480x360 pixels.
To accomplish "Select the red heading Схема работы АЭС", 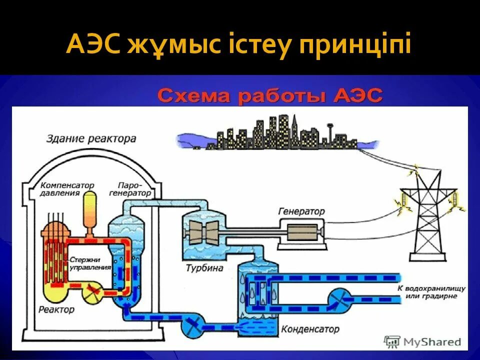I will point(270,95).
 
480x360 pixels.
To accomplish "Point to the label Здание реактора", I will point(91,138).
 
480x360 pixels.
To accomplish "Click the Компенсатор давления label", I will point(67,189).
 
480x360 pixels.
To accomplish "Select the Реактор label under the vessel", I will point(56,309).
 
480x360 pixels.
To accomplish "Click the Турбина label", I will point(204,268).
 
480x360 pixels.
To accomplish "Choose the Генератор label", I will point(301,211).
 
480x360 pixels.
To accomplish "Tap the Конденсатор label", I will point(310,329).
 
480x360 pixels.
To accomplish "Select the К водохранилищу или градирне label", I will point(432,292).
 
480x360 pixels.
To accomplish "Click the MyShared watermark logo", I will point(422,342).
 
